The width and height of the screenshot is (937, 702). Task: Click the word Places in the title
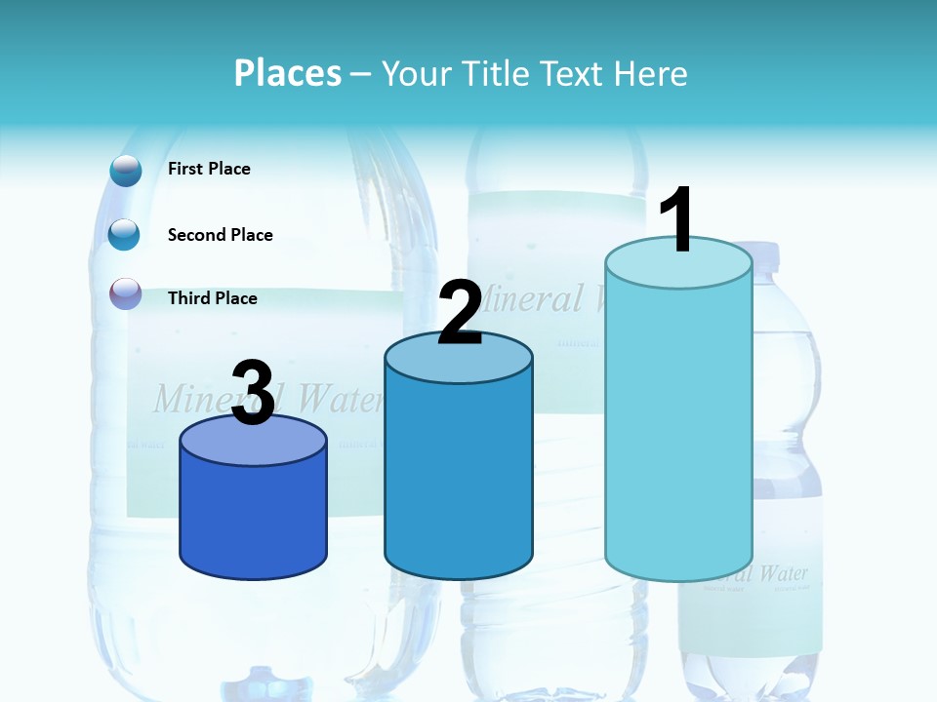288,73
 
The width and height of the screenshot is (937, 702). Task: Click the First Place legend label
209,169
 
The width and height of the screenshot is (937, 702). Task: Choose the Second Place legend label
220,235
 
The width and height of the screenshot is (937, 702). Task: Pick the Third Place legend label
212,298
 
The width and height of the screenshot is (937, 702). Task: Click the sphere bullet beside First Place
126,171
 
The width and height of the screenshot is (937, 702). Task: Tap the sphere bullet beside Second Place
124,234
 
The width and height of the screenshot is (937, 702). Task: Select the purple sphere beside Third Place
126,293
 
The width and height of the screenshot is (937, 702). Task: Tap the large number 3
254,393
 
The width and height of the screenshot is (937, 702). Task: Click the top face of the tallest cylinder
678,264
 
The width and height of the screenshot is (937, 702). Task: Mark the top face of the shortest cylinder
254,442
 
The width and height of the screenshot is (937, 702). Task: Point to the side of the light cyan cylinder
678,429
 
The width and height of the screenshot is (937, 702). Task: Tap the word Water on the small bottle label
783,572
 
